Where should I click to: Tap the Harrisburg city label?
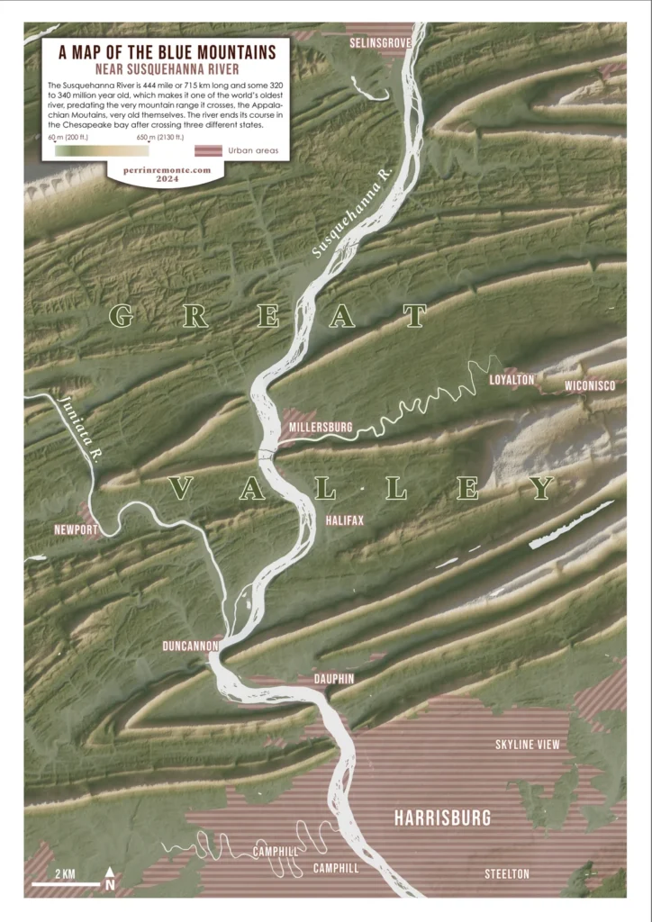(x=442, y=818)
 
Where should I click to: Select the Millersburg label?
(x=319, y=426)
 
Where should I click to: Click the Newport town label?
(x=76, y=529)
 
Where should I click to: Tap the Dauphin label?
(x=333, y=677)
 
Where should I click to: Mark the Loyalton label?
(x=512, y=380)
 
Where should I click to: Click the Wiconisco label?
(x=590, y=386)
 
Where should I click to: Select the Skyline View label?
(x=527, y=745)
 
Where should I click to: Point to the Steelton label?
(x=506, y=874)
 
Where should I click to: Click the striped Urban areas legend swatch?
(x=209, y=150)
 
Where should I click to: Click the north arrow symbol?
(x=110, y=879)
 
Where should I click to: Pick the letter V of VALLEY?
(x=180, y=489)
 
